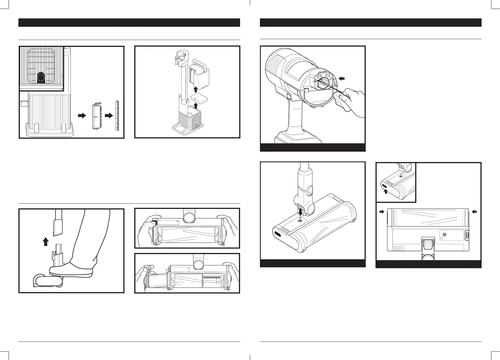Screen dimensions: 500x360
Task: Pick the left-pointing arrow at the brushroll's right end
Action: point(475,212)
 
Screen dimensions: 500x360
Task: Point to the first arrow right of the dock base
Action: point(82,116)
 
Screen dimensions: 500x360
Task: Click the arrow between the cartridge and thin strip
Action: point(108,116)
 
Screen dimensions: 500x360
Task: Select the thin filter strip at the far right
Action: point(117,115)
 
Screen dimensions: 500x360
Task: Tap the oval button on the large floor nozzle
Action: point(278,234)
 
